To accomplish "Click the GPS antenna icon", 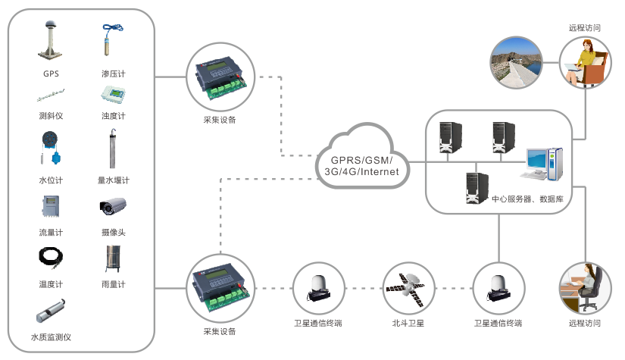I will click(51, 42).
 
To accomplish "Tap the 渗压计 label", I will click(113, 74).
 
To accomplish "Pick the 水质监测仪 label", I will click(51, 337).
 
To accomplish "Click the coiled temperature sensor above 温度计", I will click(50, 259).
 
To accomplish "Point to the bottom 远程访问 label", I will click(584, 324).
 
